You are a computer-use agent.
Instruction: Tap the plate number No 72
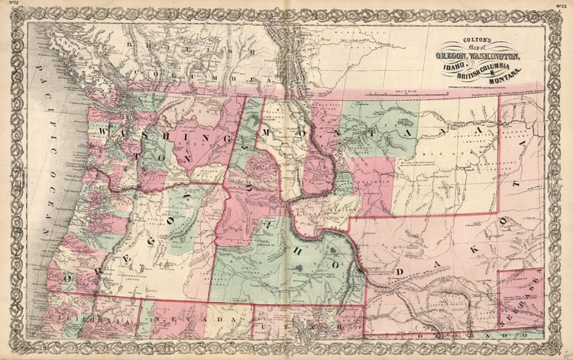tap(14, 7)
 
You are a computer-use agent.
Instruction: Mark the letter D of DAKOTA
tap(399, 271)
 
